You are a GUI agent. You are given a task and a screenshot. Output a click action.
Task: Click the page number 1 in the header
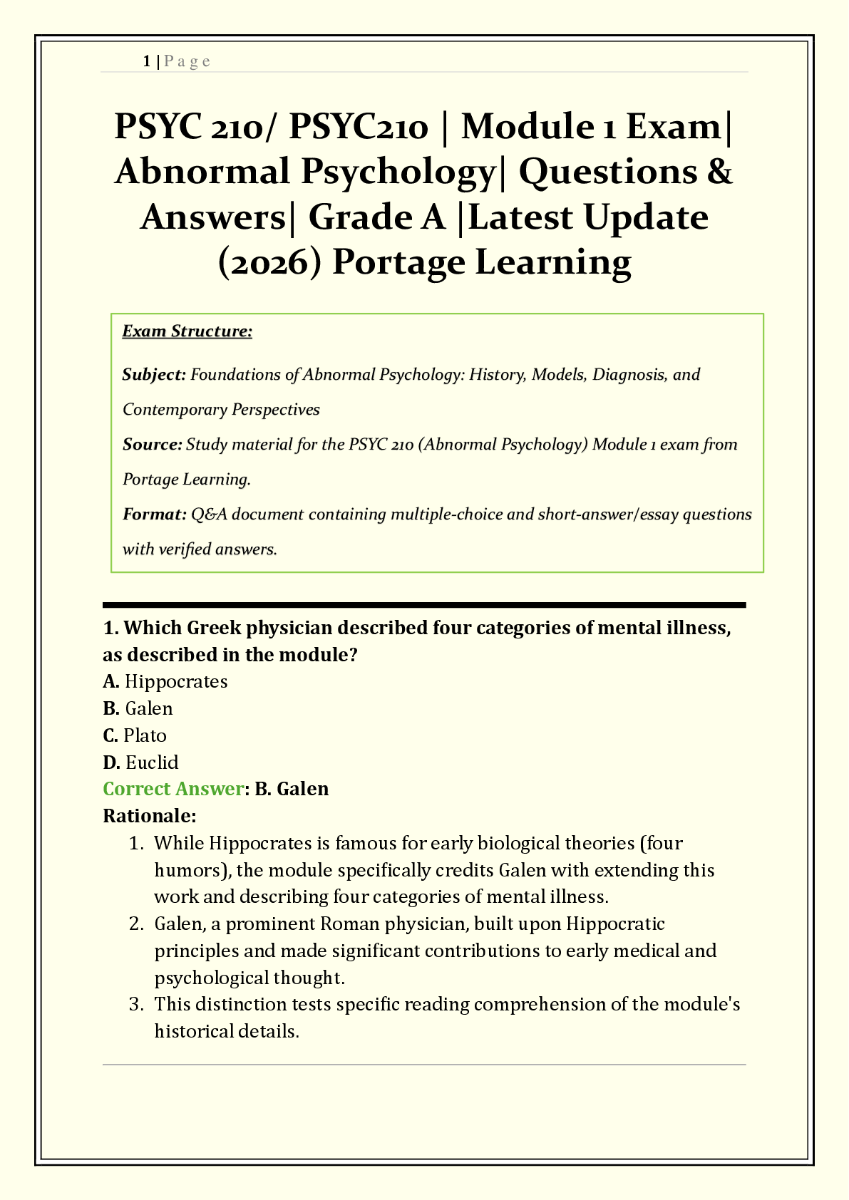(146, 61)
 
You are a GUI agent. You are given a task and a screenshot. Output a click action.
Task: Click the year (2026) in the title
(269, 262)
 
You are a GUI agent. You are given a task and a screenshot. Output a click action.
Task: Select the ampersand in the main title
(719, 172)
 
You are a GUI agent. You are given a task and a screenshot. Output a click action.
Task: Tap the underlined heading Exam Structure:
(187, 331)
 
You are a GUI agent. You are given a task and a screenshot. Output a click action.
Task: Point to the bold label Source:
(153, 445)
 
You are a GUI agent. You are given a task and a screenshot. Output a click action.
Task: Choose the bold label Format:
(154, 514)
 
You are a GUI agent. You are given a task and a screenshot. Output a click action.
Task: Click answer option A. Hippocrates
(165, 682)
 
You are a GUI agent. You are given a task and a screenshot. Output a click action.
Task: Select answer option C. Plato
(135, 735)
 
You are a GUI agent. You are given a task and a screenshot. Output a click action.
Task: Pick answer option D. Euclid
(140, 762)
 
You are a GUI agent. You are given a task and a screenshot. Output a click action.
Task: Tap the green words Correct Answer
(173, 789)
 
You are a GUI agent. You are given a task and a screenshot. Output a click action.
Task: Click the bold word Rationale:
(150, 815)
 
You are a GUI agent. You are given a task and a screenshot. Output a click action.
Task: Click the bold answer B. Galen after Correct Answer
(292, 789)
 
